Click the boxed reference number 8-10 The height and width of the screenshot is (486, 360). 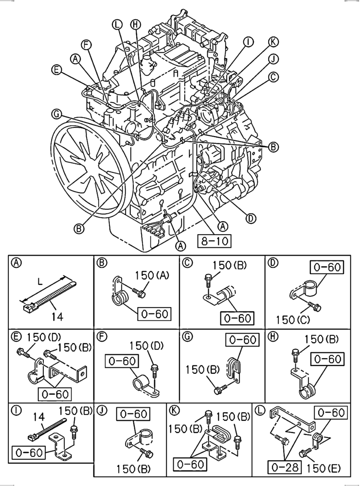(x=214, y=240)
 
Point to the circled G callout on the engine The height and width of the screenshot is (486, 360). (x=57, y=114)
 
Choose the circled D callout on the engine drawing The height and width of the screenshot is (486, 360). (x=251, y=218)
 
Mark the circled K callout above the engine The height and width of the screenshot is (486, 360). (x=273, y=43)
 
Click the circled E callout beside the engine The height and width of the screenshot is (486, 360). (x=56, y=70)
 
